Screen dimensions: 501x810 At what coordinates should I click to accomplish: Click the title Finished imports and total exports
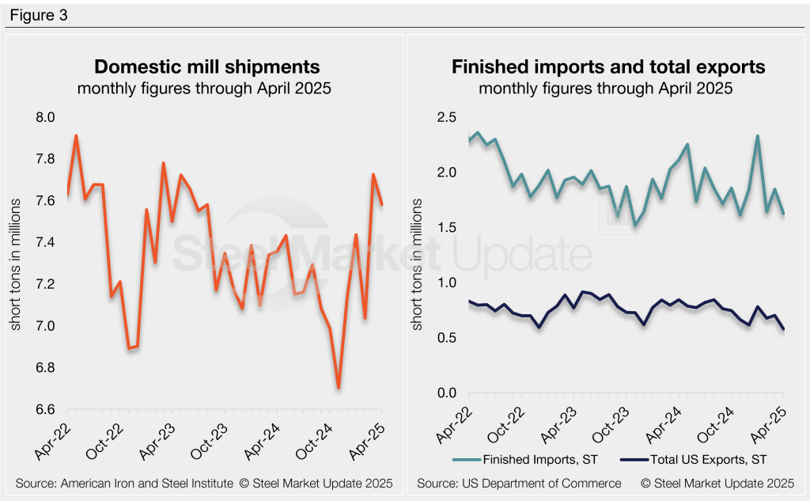[608, 66]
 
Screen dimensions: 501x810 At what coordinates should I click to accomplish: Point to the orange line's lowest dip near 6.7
[339, 387]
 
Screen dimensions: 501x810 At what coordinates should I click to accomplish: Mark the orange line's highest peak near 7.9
[76, 135]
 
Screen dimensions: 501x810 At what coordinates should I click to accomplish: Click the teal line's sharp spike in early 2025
[758, 136]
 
